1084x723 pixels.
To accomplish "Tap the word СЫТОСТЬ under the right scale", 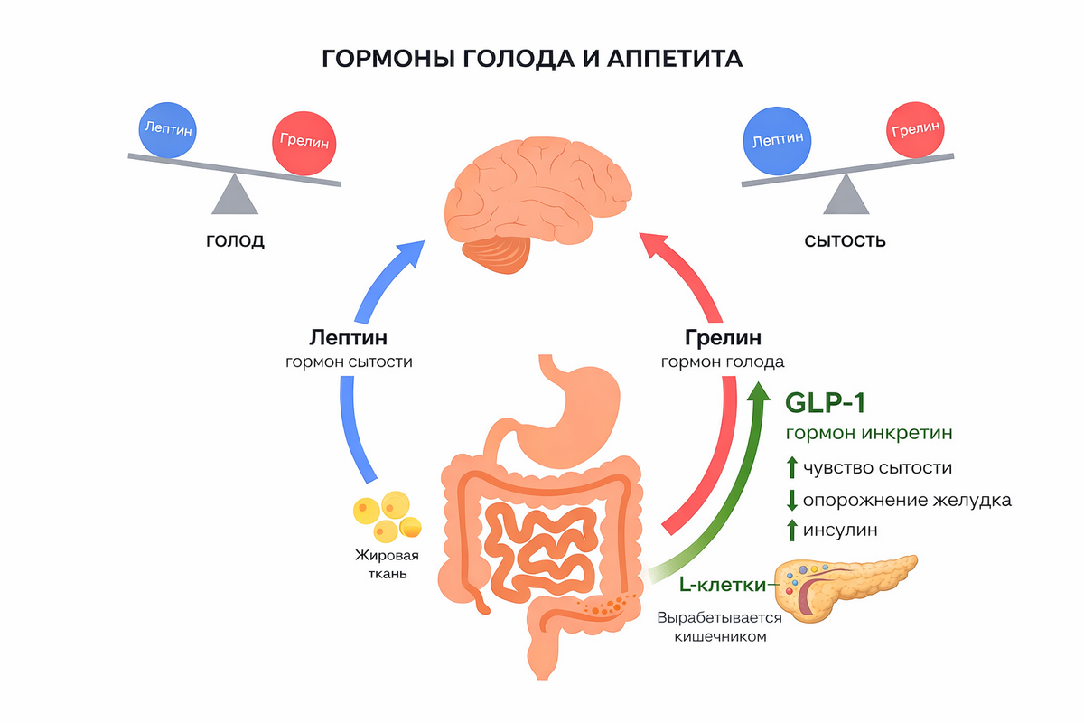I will click(845, 241).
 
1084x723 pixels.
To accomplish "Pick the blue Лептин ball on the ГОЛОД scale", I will click(167, 129).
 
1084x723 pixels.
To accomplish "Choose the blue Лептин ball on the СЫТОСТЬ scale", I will click(778, 141).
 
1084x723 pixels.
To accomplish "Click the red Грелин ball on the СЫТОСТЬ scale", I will click(915, 129).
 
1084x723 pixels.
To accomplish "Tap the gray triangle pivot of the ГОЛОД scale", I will click(234, 193).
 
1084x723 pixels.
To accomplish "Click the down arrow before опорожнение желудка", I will click(791, 499).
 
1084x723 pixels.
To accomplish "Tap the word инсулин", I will click(840, 530).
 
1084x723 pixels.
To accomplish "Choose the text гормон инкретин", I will click(869, 433).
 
